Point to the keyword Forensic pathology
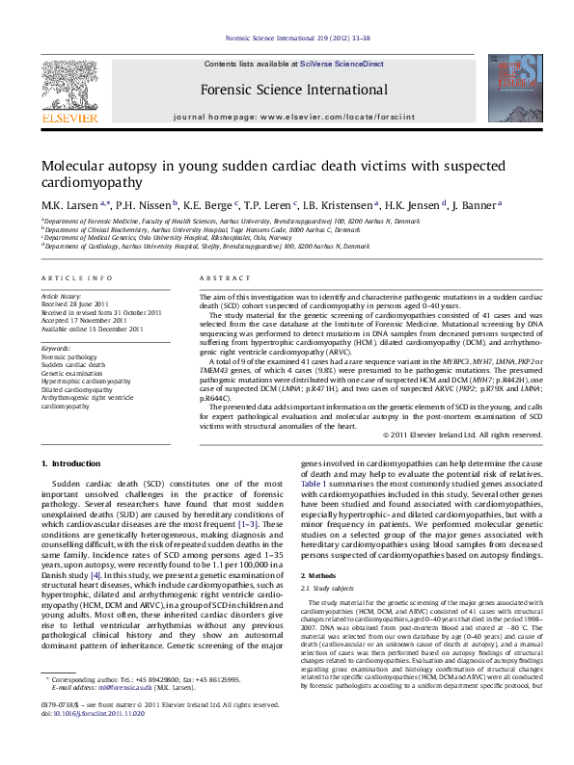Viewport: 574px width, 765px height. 68,356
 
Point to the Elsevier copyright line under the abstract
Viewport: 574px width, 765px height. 451,435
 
